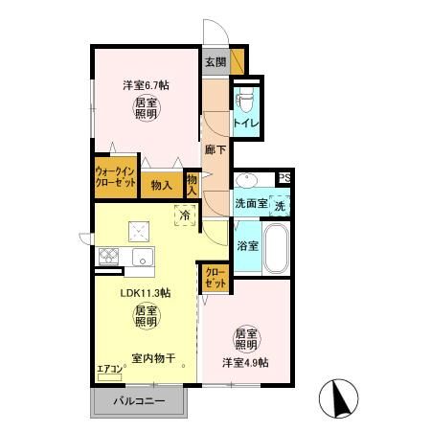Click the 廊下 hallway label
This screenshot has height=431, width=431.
click(215, 149)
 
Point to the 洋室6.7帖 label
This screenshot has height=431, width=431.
click(146, 85)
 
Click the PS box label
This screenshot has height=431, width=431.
click(284, 178)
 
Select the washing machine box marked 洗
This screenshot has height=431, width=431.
click(280, 204)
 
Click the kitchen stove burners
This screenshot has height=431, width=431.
click(108, 257)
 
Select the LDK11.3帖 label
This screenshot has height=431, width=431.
click(145, 293)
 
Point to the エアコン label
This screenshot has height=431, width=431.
click(110, 367)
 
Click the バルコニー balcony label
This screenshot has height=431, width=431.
click(140, 400)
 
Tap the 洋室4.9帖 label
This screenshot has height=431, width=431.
click(246, 362)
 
